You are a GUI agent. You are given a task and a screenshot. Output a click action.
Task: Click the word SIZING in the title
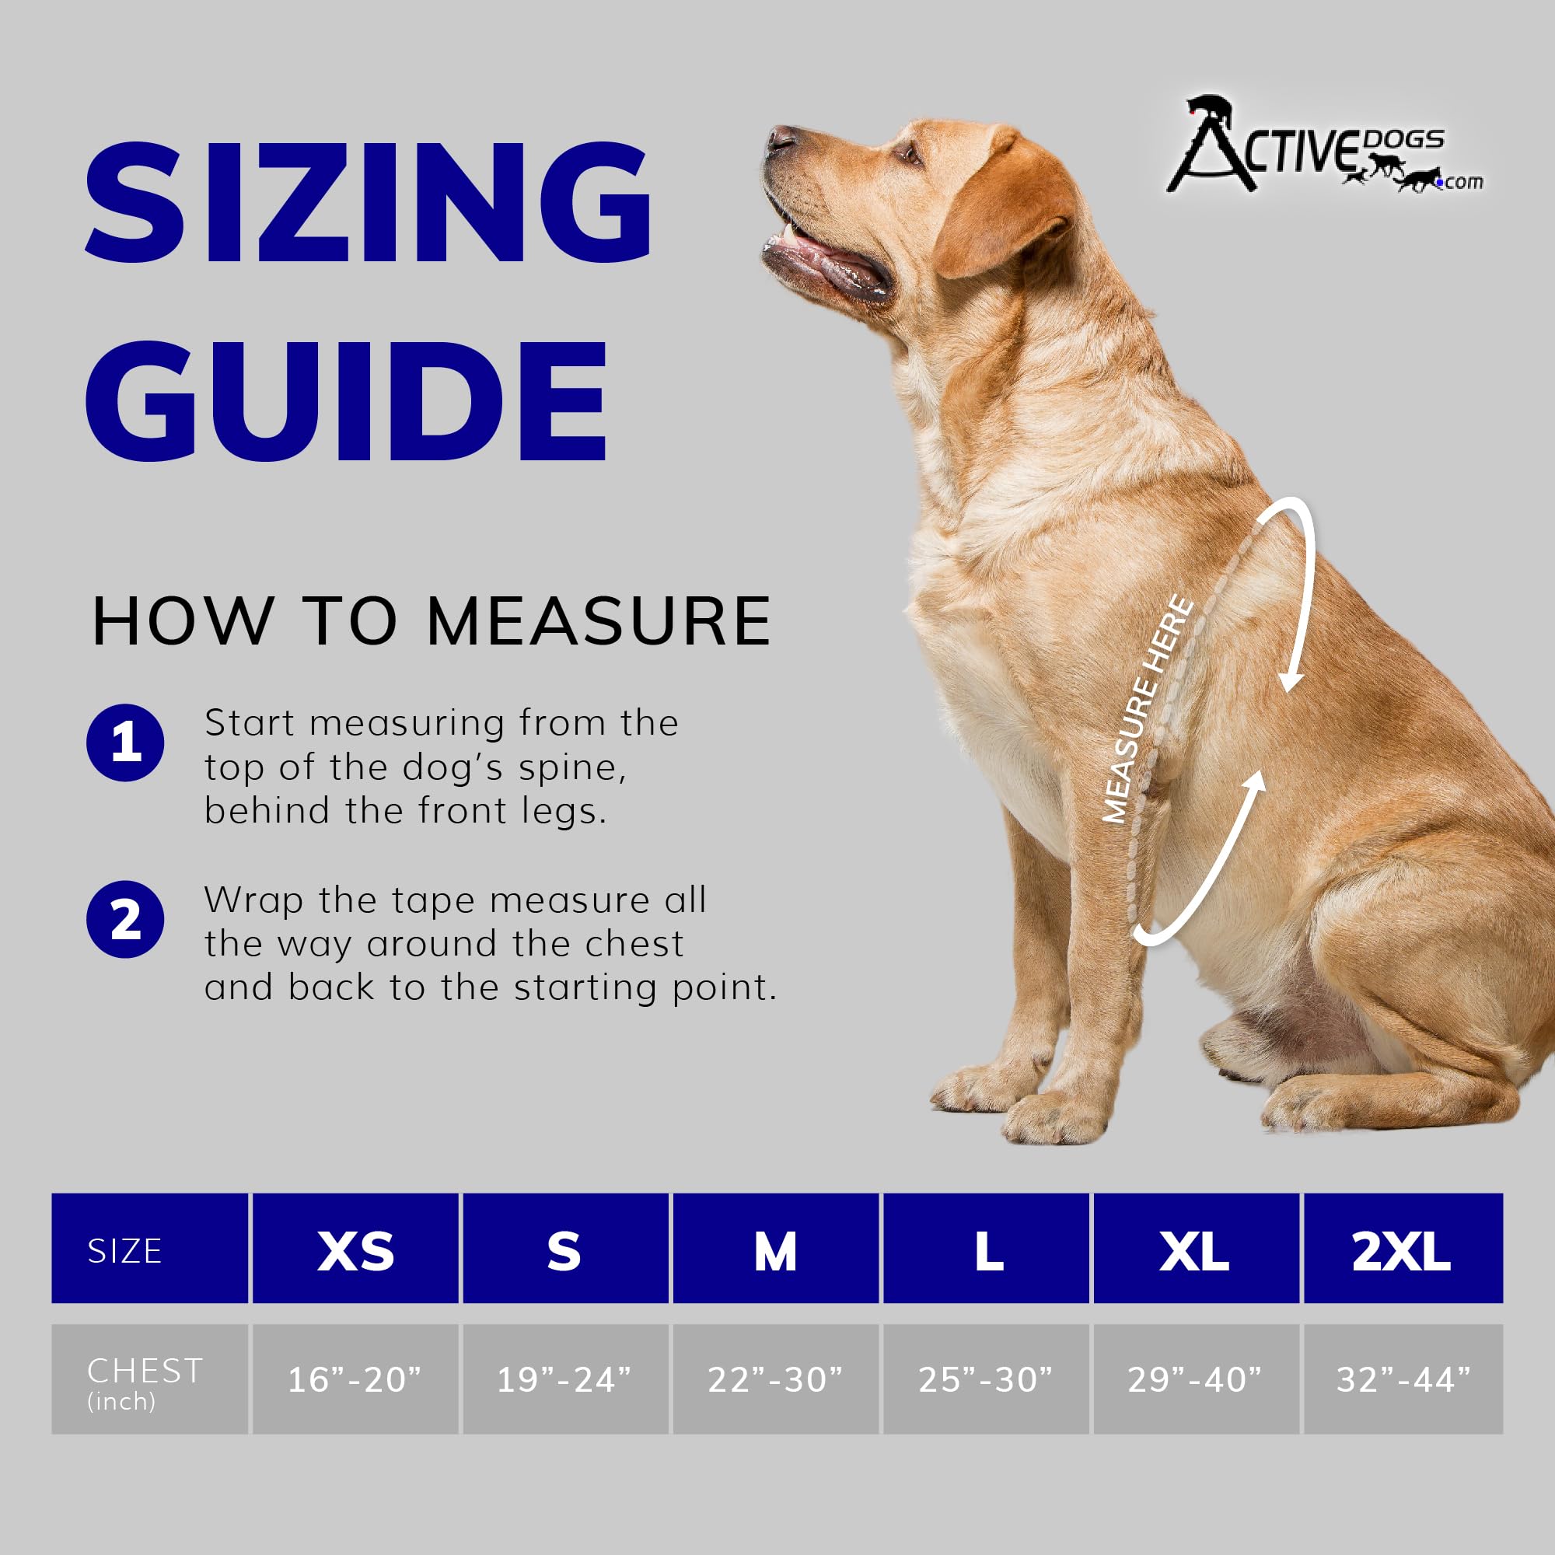pyautogui.click(x=368, y=203)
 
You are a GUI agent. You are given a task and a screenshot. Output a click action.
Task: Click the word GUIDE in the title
pyautogui.click(x=346, y=401)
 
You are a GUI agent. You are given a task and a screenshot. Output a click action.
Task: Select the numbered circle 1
pyautogui.click(x=125, y=743)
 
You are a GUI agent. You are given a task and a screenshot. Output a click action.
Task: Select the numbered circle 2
pyautogui.click(x=125, y=920)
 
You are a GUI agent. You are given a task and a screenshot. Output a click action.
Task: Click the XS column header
pyautogui.click(x=355, y=1252)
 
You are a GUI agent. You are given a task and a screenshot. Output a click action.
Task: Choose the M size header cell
pyautogui.click(x=775, y=1252)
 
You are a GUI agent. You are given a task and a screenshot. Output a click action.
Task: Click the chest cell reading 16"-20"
pyautogui.click(x=355, y=1379)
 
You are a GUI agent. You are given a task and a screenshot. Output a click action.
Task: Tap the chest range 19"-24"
pyautogui.click(x=564, y=1379)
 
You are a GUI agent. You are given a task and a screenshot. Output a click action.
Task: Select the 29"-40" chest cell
pyautogui.click(x=1194, y=1379)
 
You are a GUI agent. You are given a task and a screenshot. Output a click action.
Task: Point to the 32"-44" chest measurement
pyautogui.click(x=1403, y=1379)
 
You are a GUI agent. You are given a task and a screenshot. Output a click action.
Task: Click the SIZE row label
pyautogui.click(x=124, y=1252)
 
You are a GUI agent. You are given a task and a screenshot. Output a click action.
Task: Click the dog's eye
pyautogui.click(x=908, y=151)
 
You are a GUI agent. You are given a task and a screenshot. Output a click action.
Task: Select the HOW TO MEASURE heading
pyautogui.click(x=432, y=621)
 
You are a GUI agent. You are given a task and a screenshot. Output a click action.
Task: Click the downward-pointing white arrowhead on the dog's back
pyautogui.click(x=1290, y=683)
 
